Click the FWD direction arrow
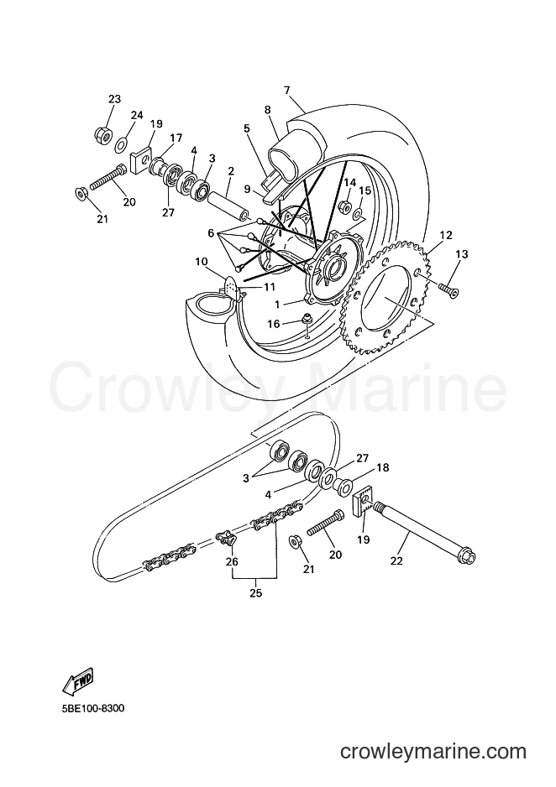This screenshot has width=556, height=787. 78,680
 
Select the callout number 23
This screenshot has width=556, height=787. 114,99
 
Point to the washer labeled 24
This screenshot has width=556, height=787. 121,145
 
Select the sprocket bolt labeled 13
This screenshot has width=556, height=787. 448,289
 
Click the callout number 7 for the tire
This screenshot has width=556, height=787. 286,91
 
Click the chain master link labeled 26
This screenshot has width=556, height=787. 227,538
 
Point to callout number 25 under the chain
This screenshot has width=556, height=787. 256,592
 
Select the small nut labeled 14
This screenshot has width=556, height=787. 345,206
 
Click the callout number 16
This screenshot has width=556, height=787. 273,324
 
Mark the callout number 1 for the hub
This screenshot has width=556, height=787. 276,305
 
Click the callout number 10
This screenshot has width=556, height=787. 201,262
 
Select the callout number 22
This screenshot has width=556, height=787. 396,561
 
